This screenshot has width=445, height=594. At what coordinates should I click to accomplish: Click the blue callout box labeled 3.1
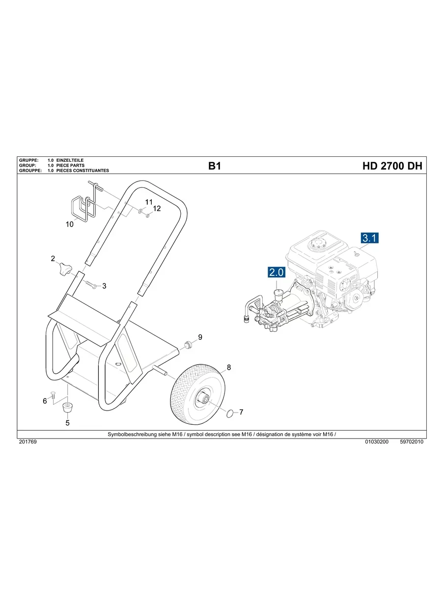370,238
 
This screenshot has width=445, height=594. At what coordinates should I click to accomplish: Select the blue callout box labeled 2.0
277,272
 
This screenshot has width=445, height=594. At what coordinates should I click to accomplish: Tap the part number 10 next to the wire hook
70,224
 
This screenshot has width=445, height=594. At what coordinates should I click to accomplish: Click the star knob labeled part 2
65,269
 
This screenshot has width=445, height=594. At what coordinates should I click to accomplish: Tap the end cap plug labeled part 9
187,343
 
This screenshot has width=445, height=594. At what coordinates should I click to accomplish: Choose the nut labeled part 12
148,215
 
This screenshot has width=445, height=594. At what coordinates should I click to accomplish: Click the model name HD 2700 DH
392,166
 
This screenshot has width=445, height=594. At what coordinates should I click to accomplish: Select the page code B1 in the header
215,166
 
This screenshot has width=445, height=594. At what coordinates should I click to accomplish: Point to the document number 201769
28,442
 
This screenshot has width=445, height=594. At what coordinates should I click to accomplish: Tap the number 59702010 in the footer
412,442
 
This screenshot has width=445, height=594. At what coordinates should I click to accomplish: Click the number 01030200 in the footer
377,442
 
